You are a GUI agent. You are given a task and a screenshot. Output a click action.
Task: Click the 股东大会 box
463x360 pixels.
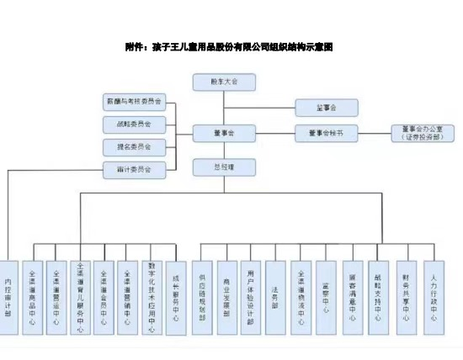(x=224, y=82)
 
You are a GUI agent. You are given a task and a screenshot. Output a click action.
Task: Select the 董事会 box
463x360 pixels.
(x=224, y=133)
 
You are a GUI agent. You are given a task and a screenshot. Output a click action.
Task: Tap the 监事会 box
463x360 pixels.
(x=327, y=108)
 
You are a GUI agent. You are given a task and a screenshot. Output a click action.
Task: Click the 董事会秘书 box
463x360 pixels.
(x=327, y=133)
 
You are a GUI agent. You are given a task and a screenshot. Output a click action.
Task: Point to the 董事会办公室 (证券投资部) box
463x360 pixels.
(x=423, y=133)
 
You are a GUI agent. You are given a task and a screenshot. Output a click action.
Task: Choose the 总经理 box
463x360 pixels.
(x=224, y=167)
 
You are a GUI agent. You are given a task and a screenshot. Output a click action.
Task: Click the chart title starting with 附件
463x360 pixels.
(x=229, y=47)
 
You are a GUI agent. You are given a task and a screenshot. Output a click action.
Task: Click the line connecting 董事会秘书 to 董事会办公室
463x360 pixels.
(x=375, y=133)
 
